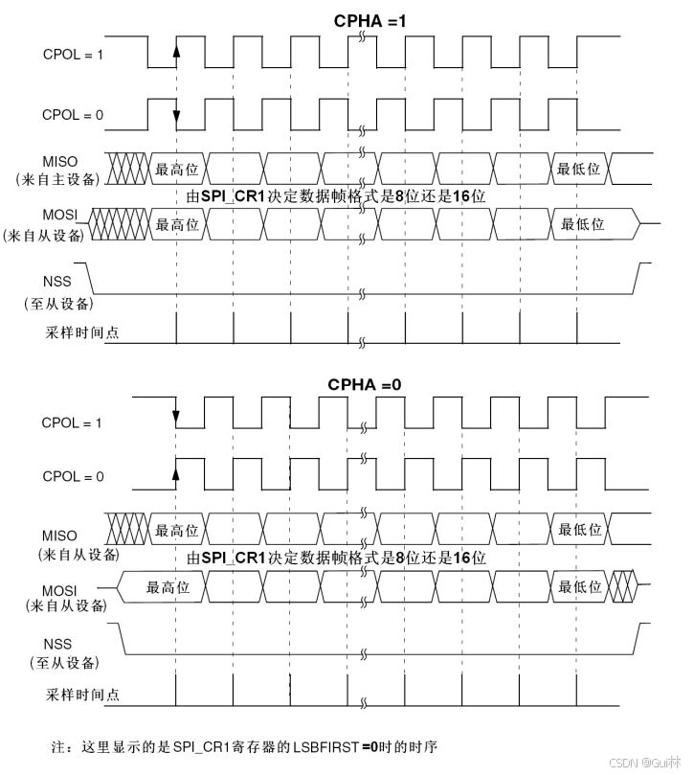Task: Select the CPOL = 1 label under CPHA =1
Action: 73,54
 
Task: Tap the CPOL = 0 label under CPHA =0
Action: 73,475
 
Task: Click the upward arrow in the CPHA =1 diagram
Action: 176,50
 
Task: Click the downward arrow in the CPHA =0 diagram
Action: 176,417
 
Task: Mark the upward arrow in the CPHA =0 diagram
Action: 176,470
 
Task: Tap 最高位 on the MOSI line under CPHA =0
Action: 168,587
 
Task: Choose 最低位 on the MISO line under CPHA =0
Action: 579,530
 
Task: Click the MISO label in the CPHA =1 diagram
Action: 59,162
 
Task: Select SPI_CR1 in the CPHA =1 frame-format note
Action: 233,196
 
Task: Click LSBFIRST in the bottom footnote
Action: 323,744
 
